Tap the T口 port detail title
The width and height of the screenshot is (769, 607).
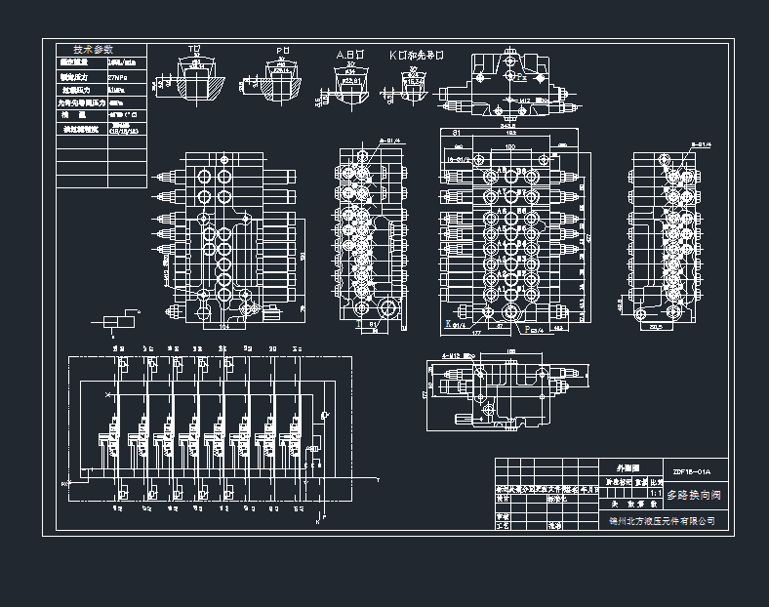(195, 49)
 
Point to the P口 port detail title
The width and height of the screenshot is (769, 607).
(283, 49)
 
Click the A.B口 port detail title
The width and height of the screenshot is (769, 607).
(350, 55)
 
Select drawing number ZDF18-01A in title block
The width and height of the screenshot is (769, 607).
(692, 472)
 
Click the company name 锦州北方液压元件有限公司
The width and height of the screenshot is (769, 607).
(663, 521)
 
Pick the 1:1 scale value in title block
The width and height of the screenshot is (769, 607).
(656, 493)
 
